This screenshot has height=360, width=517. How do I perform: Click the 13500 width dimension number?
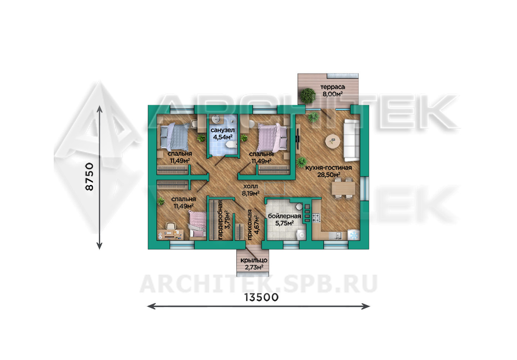(261, 298)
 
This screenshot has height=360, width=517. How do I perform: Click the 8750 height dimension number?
(89, 177)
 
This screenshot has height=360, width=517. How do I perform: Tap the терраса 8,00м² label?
(332, 90)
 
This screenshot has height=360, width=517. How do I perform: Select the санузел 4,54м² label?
(222, 134)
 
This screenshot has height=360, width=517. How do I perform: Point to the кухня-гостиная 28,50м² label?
(328, 171)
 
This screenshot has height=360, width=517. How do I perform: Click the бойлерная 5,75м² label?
(284, 219)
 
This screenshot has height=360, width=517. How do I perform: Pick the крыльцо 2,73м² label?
(254, 264)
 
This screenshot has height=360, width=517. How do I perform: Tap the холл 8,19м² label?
(250, 190)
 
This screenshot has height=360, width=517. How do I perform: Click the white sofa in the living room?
(352, 140)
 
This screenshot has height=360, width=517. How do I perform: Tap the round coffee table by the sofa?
(333, 141)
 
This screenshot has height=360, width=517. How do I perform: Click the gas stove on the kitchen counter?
(316, 217)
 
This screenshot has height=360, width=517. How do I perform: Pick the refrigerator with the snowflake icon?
(354, 235)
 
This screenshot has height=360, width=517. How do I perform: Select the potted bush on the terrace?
(308, 95)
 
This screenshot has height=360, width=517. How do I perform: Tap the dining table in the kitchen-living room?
(343, 188)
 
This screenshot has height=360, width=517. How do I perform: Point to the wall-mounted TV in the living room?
(298, 138)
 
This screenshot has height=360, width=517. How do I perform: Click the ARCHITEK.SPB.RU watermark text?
(258, 284)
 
